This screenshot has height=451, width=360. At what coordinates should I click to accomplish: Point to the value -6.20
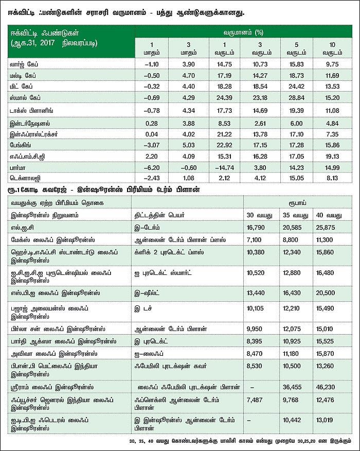(x=151, y=168)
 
